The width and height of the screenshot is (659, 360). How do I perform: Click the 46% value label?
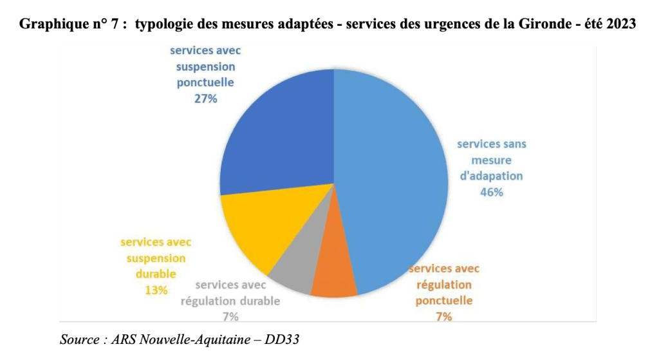491,192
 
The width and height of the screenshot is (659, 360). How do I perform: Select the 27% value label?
205,99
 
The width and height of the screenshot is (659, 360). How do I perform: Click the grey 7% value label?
230,316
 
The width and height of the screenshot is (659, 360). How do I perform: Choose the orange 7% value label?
443,316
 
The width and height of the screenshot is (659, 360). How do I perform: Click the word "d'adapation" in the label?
491,176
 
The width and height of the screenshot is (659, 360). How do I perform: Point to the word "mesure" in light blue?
491,160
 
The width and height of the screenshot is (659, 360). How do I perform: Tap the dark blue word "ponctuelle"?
205,83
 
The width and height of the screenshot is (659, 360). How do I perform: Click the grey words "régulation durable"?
230,301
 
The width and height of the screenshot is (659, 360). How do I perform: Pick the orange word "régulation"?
443,285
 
